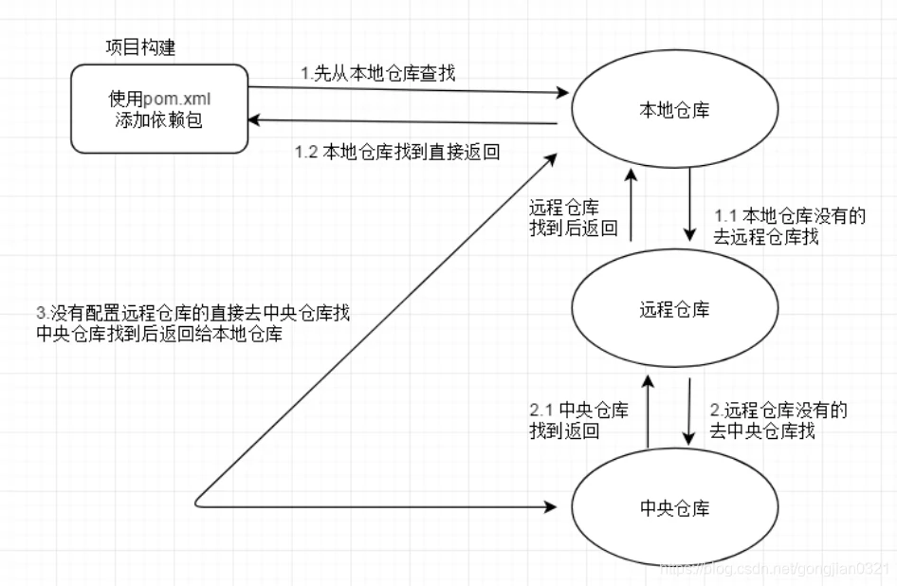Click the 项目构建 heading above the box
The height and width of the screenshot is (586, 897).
click(x=140, y=47)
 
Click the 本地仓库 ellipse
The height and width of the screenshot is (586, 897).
click(x=674, y=111)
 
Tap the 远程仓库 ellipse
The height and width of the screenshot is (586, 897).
click(x=674, y=310)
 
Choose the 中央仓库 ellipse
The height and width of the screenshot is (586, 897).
click(x=674, y=509)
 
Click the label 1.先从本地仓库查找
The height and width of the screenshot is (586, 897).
click(x=378, y=73)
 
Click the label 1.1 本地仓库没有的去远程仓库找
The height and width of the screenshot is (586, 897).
click(x=789, y=227)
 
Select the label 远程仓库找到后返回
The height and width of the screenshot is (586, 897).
click(x=573, y=218)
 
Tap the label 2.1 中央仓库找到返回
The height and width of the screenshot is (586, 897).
click(x=578, y=420)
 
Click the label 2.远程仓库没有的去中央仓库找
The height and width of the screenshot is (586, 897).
click(x=778, y=421)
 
